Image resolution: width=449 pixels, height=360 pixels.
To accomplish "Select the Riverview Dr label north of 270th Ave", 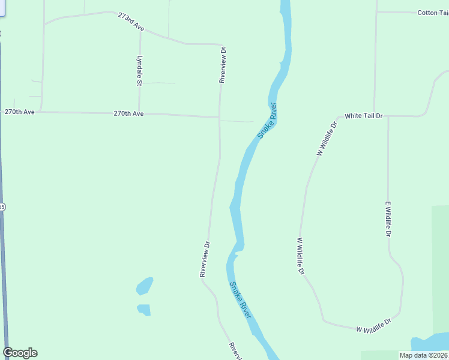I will tap(222, 65).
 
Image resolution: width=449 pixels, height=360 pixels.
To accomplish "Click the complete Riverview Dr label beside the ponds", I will tap(205, 259).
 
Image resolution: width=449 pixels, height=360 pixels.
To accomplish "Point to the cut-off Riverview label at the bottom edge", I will tap(235, 351).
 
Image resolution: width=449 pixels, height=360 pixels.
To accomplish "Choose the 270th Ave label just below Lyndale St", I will tap(129, 113).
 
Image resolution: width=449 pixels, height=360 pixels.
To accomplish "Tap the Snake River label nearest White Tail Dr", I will tap(268, 121).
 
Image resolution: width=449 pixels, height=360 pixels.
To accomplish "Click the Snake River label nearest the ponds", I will tap(240, 299).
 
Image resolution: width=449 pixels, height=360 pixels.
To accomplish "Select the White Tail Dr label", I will tap(363, 115).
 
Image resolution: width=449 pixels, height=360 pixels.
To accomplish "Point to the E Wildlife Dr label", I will tap(388, 219).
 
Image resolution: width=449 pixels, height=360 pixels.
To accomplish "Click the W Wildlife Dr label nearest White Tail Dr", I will tap(328, 137).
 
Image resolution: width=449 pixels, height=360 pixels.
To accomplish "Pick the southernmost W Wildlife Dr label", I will tap(373, 326).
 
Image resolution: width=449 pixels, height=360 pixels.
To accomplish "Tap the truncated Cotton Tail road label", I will tap(433, 12).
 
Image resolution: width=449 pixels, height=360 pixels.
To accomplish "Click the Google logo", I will tap(20, 353).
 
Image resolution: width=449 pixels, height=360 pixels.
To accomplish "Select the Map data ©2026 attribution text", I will tap(423, 355).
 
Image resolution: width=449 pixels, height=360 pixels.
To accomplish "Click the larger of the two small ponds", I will tap(145, 286).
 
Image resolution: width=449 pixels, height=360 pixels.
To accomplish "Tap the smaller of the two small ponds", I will tap(143, 310).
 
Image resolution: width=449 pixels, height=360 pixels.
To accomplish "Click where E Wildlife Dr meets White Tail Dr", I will tap(388, 116).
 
